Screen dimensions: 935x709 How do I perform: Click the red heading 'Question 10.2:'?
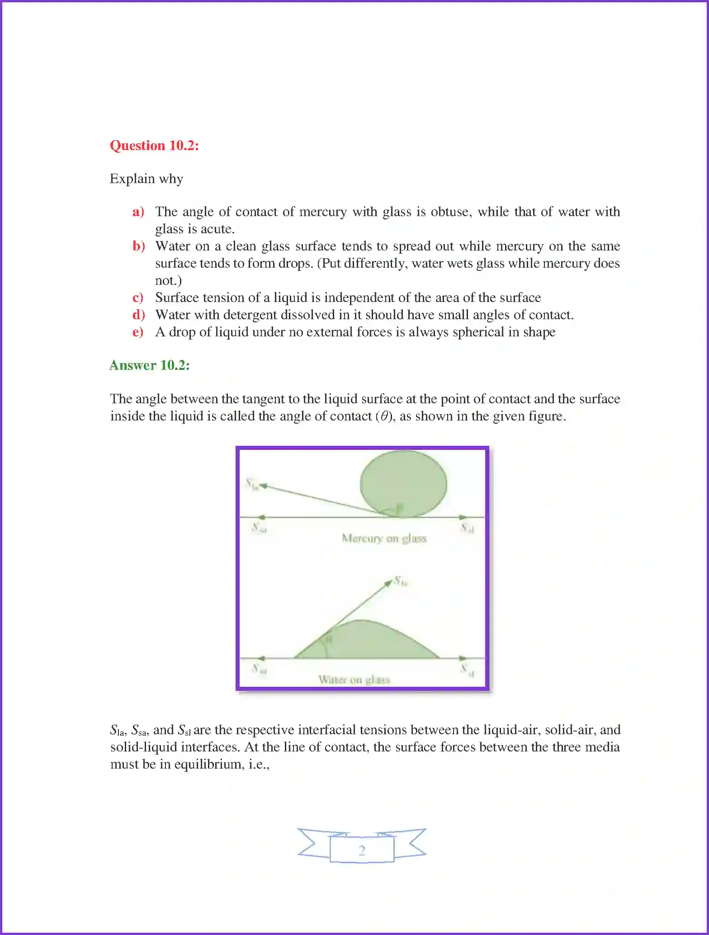pyautogui.click(x=154, y=146)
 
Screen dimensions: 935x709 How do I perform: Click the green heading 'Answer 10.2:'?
pyautogui.click(x=149, y=365)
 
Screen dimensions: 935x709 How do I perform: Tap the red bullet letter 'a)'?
pyautogui.click(x=138, y=212)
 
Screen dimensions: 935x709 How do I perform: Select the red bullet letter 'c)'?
pyautogui.click(x=138, y=297)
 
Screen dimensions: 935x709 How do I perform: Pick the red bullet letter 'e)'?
pyautogui.click(x=138, y=332)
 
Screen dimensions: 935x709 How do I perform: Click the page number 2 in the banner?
pyautogui.click(x=362, y=850)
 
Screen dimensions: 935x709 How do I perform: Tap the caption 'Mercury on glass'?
pyautogui.click(x=384, y=538)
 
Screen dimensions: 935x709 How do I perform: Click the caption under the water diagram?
pyautogui.click(x=354, y=679)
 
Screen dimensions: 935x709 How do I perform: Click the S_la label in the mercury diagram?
pyautogui.click(x=251, y=484)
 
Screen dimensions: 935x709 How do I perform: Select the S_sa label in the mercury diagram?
pyautogui.click(x=259, y=527)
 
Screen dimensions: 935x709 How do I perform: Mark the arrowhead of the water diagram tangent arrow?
pyautogui.click(x=389, y=583)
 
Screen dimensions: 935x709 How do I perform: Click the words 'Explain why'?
pyautogui.click(x=147, y=179)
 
